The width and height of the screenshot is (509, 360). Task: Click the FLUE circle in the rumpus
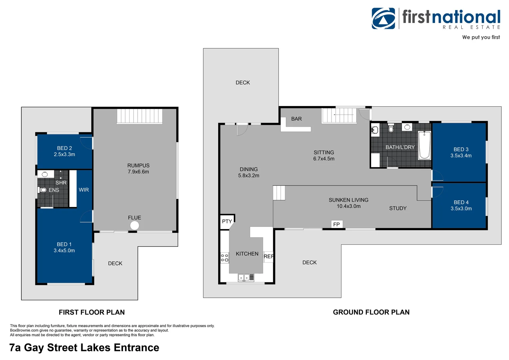coord(135,226)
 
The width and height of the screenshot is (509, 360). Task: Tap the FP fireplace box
coord(337,224)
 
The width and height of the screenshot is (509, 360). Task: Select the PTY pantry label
coord(227,221)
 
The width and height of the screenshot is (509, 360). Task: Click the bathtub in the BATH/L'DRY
coord(424,145)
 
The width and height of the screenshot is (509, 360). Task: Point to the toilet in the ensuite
coord(43,190)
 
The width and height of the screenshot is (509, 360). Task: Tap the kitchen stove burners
coord(225,258)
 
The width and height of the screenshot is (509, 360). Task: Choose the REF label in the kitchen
coord(268,257)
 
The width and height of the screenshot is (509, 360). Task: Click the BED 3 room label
coord(461,149)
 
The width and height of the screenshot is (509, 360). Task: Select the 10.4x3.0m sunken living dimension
coord(348,206)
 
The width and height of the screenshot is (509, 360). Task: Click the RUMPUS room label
coord(138,166)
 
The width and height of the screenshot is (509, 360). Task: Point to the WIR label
coord(84,190)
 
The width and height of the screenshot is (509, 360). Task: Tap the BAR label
coord(296,119)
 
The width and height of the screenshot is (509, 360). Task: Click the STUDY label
coord(398,208)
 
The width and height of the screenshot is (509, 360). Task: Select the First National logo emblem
coord(383,18)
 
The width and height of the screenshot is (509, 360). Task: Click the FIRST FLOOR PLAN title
coord(92,312)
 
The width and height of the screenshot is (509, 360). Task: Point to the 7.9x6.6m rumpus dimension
coord(138,172)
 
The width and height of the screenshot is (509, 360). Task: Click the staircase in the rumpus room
coord(140,116)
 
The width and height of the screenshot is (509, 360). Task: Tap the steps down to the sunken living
coord(279,193)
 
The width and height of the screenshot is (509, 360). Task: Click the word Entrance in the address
coord(136,347)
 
